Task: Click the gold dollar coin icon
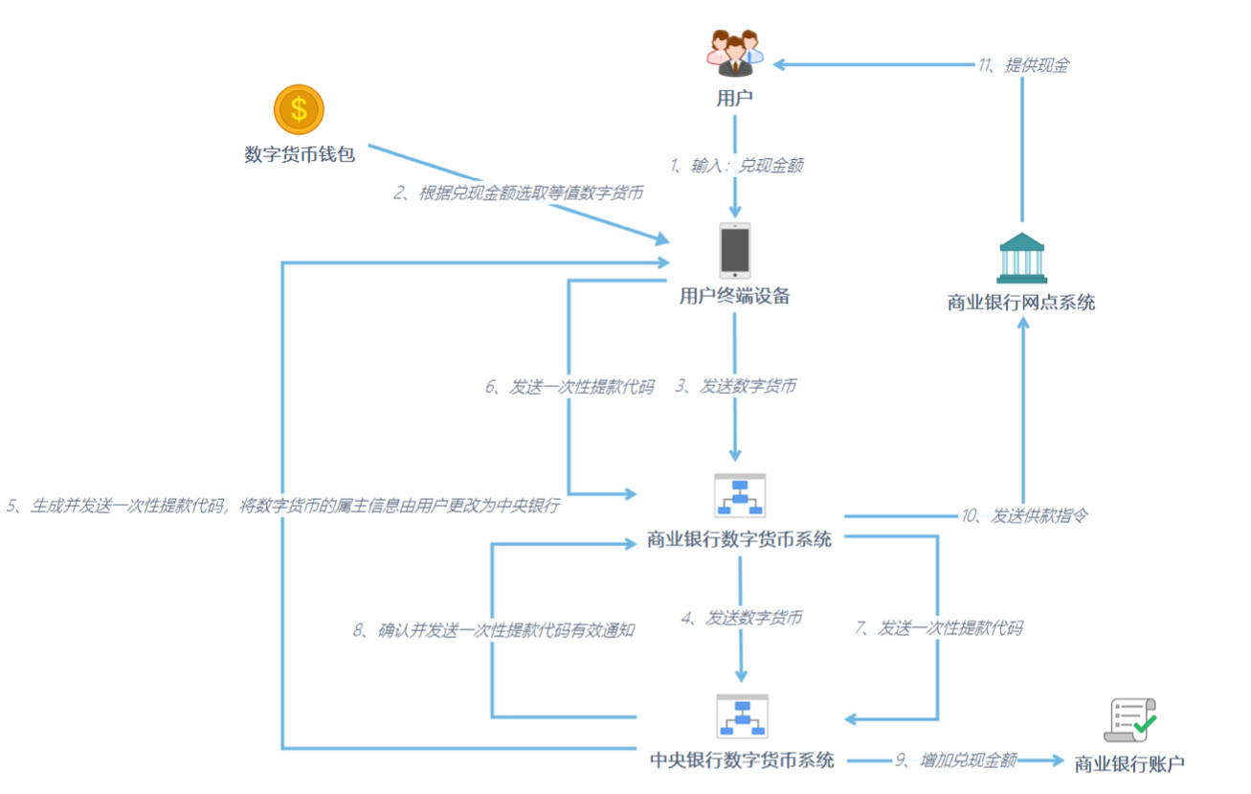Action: [299, 109]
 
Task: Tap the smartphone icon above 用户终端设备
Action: [735, 250]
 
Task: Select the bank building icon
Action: [1021, 258]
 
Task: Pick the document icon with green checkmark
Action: [1130, 720]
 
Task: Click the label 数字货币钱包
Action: [300, 154]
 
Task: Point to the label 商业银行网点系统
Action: [1021, 303]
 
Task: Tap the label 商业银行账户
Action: [1129, 763]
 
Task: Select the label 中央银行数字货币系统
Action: [742, 760]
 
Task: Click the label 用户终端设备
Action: [735, 296]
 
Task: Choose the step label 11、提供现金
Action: [1023, 66]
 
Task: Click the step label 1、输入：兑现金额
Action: [736, 166]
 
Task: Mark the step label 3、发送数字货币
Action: [735, 387]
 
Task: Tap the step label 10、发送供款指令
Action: [1024, 516]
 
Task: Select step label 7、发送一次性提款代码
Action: [938, 628]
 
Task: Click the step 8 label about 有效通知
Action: [494, 630]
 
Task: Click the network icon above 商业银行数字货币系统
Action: [740, 495]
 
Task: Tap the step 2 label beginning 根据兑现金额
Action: [518, 193]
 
